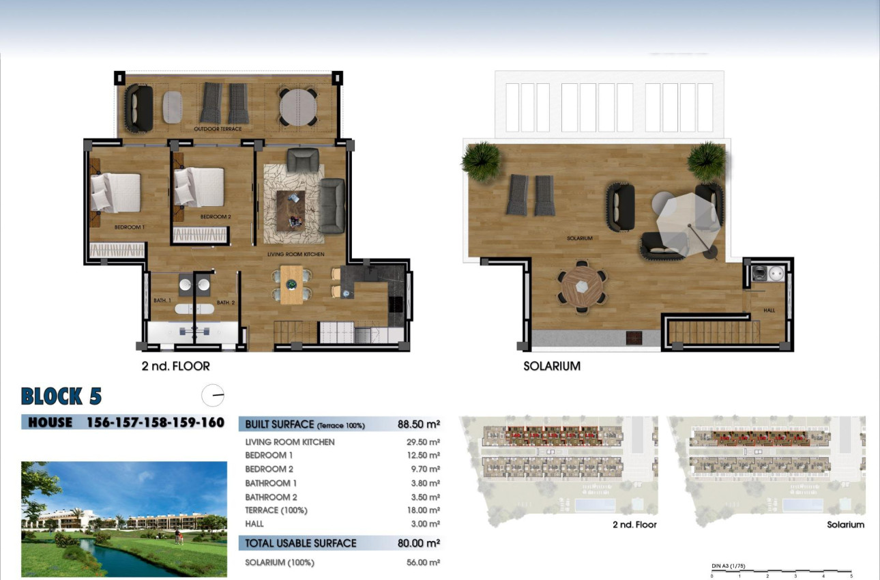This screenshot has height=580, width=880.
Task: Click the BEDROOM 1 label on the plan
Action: pyautogui.click(x=130, y=227)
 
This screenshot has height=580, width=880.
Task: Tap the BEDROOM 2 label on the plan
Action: pyautogui.click(x=216, y=217)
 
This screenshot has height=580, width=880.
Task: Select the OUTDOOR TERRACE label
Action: pyautogui.click(x=218, y=129)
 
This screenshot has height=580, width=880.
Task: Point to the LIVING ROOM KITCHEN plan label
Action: pyautogui.click(x=295, y=254)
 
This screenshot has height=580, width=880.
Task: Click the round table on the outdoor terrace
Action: pyautogui.click(x=297, y=106)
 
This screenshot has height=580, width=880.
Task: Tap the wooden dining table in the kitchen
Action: pyautogui.click(x=291, y=284)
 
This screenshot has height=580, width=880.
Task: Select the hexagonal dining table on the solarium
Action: pyautogui.click(x=581, y=286)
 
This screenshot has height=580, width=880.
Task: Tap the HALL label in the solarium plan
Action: pyautogui.click(x=769, y=310)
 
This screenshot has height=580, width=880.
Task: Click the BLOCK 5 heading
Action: pyautogui.click(x=61, y=396)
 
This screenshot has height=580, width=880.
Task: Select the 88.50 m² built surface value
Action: pyautogui.click(x=418, y=424)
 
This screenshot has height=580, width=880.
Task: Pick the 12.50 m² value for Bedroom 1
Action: pyautogui.click(x=423, y=455)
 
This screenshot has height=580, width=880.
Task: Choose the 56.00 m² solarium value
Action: pyautogui.click(x=423, y=563)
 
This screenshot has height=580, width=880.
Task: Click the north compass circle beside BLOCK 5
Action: pyautogui.click(x=213, y=396)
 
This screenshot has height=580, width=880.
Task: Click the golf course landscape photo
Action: pyautogui.click(x=124, y=519)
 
